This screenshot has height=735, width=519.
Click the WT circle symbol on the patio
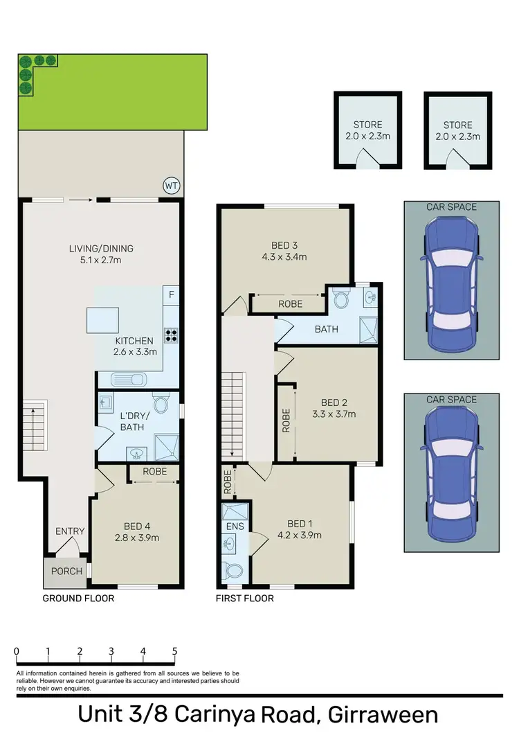171,186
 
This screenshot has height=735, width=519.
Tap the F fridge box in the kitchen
171,294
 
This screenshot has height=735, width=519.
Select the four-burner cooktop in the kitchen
170,336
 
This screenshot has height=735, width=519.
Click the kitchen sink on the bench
129,379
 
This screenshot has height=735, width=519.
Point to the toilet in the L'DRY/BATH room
161,405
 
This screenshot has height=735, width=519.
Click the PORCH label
66,572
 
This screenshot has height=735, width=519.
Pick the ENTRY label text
70,531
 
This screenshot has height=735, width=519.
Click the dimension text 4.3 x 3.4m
284,256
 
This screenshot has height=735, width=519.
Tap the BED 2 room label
334,402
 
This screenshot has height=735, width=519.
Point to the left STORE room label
367,125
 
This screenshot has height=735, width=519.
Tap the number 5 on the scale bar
174,651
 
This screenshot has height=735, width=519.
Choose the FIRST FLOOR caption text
245,598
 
